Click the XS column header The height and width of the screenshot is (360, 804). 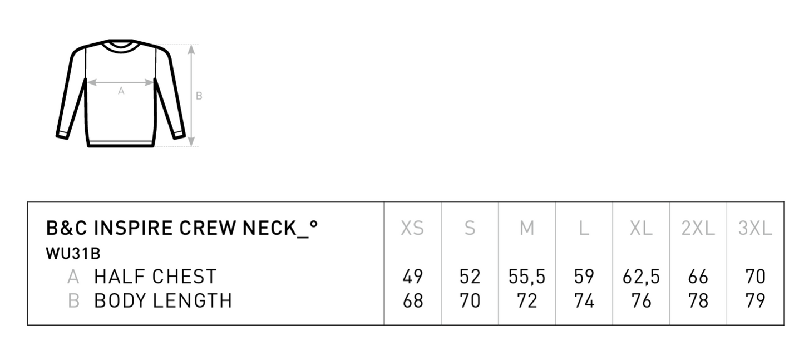click(412, 228)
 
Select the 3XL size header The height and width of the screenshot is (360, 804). click(755, 228)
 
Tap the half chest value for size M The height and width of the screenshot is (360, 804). click(527, 277)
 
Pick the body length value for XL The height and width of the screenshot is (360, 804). click(642, 301)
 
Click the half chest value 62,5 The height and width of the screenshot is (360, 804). click(641, 277)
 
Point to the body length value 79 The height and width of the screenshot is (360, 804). click(756, 301)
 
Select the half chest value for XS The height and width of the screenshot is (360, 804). click(413, 277)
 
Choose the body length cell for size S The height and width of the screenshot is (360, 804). click(470, 301)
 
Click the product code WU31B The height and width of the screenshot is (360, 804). click(73, 254)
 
